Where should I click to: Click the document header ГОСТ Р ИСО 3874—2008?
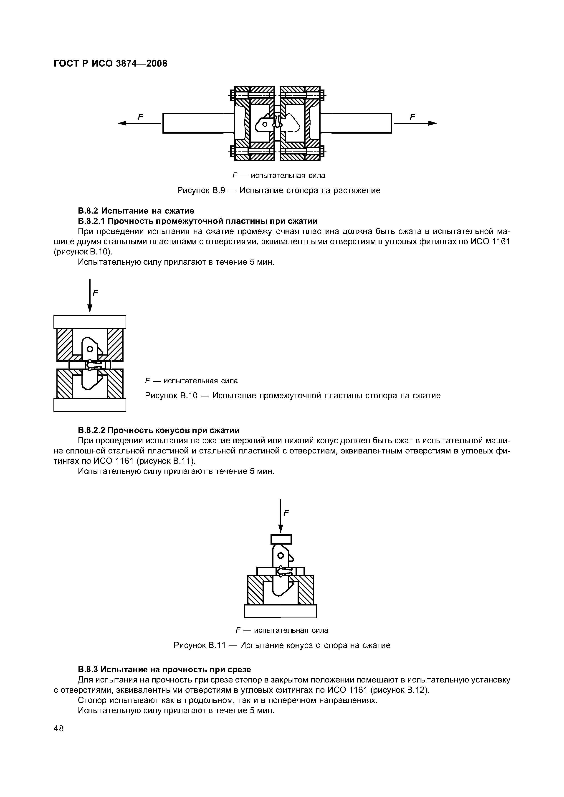(x=110, y=64)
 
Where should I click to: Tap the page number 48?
(x=59, y=728)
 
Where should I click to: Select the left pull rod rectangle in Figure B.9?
(x=198, y=123)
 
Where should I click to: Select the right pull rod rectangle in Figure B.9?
(x=356, y=123)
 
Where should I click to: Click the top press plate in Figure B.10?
(x=90, y=321)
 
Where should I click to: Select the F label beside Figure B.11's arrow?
(x=286, y=513)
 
